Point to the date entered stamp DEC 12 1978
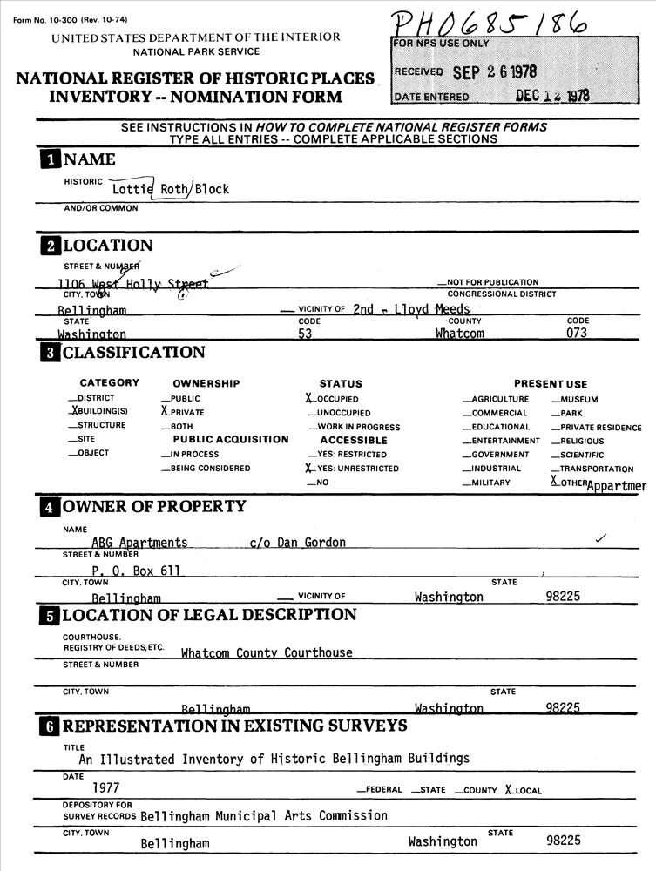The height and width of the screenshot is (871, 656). click(551, 96)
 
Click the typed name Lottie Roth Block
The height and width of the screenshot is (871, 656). click(171, 188)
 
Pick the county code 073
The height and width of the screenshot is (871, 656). click(577, 334)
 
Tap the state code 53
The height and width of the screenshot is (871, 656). click(305, 334)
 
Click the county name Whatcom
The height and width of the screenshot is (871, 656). click(459, 334)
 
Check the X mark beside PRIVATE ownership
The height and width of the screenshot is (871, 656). click(165, 411)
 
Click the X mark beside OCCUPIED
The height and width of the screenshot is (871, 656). click(309, 398)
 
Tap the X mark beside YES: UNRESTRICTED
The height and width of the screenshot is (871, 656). click(309, 468)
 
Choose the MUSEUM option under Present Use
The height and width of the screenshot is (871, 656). click(578, 399)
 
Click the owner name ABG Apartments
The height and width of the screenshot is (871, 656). click(139, 543)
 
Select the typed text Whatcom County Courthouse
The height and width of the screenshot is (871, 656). click(267, 652)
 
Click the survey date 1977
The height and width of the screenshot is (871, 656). click(106, 788)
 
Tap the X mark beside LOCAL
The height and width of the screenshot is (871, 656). click(509, 790)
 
